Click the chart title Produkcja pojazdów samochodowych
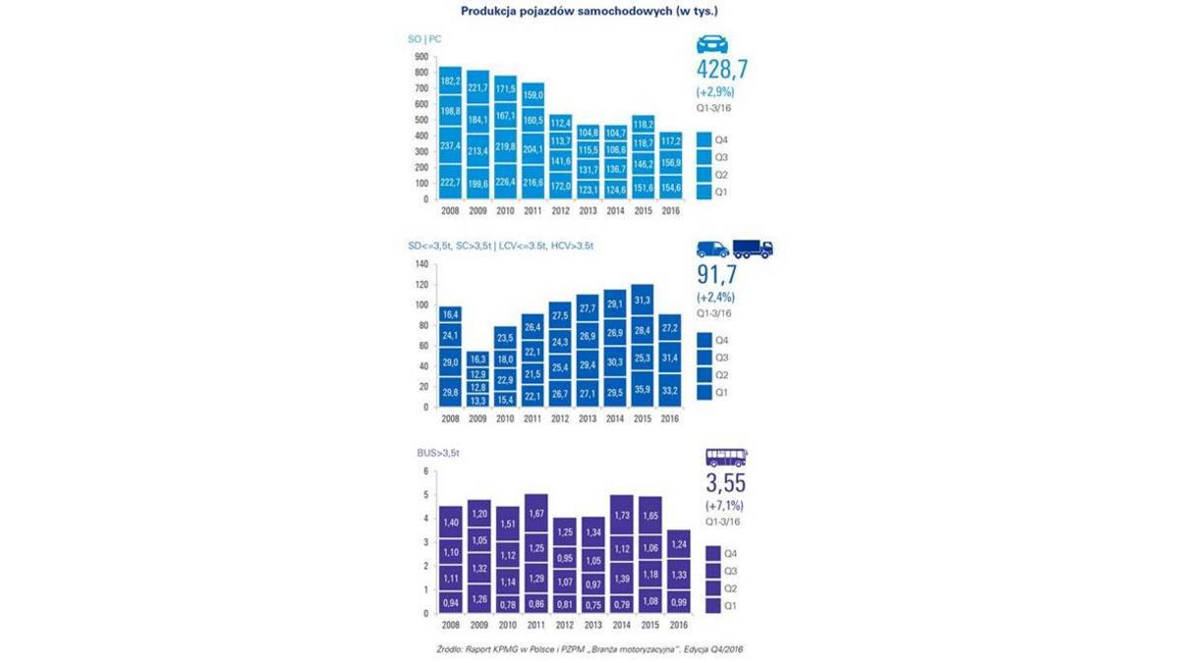pos(589,11)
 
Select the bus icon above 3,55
pos(726,458)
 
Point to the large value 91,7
pos(718,274)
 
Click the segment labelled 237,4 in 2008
pos(451,145)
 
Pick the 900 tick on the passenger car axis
pos(421,56)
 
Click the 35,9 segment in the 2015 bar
pos(643,389)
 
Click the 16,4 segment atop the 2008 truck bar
pos(451,314)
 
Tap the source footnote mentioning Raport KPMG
pos(589,650)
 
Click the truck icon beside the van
pos(753,249)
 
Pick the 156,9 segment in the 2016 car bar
pos(671,162)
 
